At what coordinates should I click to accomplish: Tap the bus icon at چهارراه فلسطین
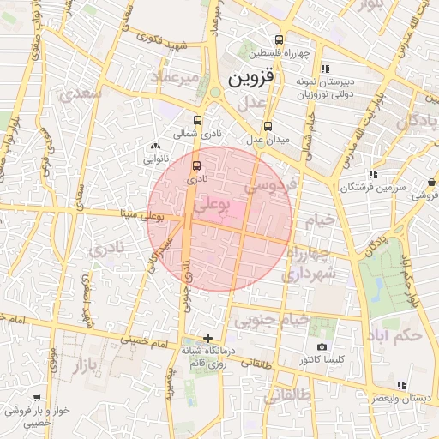click(x=279, y=39)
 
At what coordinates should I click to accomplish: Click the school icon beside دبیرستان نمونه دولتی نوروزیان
click(x=324, y=69)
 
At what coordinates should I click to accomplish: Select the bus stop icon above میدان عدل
click(x=268, y=125)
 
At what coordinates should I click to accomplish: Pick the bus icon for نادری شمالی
click(x=198, y=121)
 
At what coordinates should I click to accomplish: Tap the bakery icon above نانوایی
click(x=153, y=147)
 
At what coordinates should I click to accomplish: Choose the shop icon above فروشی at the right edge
click(x=430, y=182)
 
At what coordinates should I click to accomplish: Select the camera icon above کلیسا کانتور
click(x=322, y=346)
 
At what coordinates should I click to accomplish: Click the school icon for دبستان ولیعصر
click(x=400, y=385)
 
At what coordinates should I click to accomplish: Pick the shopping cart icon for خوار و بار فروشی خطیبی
click(x=37, y=398)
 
